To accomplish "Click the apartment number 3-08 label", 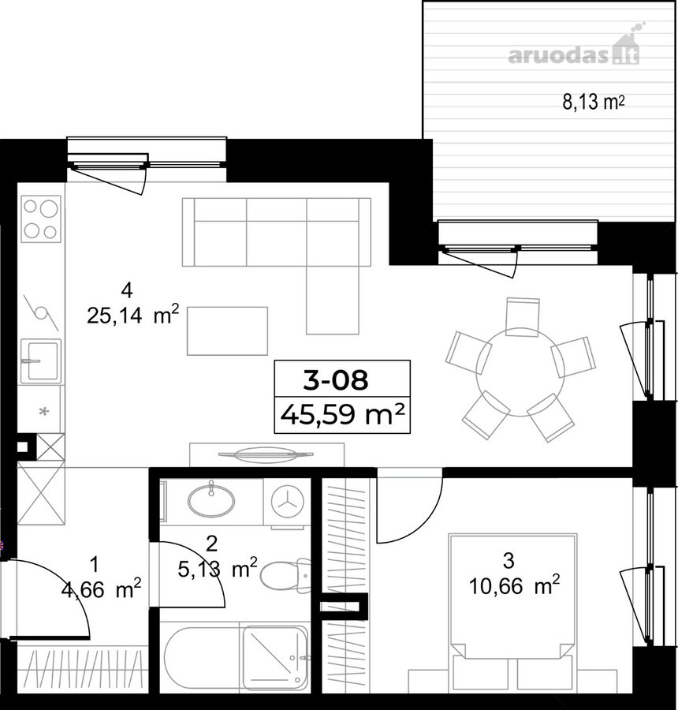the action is (x=335, y=380).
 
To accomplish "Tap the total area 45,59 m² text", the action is (x=342, y=414).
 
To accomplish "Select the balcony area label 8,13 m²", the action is (x=594, y=103).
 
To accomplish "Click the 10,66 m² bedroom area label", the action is (x=514, y=586).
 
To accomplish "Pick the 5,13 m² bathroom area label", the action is (x=218, y=568).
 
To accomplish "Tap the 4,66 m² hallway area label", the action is (x=101, y=589).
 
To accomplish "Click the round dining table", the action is (x=520, y=372).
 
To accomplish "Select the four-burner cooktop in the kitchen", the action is (x=41, y=219).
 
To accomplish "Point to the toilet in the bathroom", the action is (x=285, y=576).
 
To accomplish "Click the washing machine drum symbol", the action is (x=287, y=502).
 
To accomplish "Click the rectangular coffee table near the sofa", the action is (x=228, y=331).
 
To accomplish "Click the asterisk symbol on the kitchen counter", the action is (x=44, y=412).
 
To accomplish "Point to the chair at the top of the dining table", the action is (x=523, y=317).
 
